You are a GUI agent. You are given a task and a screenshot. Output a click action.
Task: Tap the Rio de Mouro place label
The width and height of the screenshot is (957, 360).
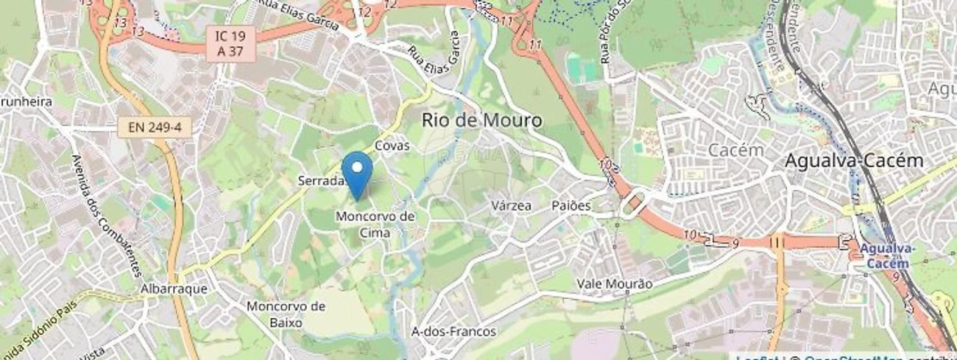(481, 120)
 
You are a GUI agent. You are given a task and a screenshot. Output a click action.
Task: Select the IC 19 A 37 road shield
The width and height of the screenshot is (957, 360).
(230, 43)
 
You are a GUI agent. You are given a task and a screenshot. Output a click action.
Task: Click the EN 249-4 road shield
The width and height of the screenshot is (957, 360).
(154, 127)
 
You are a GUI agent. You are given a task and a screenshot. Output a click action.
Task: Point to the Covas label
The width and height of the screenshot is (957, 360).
(392, 146)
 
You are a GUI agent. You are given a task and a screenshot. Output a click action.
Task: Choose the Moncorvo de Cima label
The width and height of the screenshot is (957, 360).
(375, 224)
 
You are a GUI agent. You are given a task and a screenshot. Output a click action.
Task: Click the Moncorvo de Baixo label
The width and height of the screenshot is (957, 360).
(286, 314)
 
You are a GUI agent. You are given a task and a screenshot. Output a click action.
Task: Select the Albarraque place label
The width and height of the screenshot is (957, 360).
(173, 289)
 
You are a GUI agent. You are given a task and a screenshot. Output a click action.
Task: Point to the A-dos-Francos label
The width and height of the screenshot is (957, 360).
(453, 331)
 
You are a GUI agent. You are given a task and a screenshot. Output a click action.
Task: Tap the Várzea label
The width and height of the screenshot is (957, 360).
(511, 205)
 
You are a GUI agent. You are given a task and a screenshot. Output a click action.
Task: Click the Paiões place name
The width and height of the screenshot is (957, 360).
(571, 205)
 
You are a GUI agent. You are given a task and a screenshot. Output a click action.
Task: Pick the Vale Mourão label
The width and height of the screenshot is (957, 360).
(614, 284)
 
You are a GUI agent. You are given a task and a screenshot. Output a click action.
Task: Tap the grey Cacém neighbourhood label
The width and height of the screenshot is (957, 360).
(736, 149)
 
